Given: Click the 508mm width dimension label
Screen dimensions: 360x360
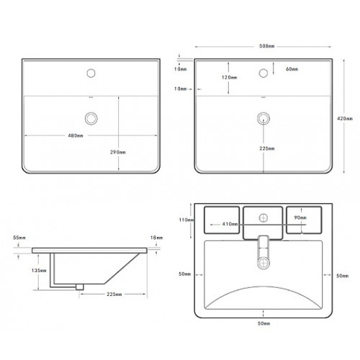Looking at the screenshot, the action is click(x=266, y=46).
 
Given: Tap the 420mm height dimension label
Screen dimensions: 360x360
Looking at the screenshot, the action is click(x=345, y=118).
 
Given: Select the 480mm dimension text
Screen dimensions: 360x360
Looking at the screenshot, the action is click(x=76, y=135).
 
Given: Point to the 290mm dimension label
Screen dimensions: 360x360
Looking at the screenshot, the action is click(x=118, y=152).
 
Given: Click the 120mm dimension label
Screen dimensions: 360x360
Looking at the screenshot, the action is click(x=229, y=77).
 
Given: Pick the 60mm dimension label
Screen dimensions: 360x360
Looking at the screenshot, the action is click(x=292, y=69).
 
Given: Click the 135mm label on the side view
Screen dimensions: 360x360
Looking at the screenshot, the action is click(x=39, y=271).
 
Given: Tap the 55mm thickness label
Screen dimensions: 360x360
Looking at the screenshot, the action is click(x=19, y=238).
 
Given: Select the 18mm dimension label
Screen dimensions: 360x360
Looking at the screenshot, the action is click(x=156, y=238).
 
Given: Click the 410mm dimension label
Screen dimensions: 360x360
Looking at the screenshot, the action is click(x=230, y=224).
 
